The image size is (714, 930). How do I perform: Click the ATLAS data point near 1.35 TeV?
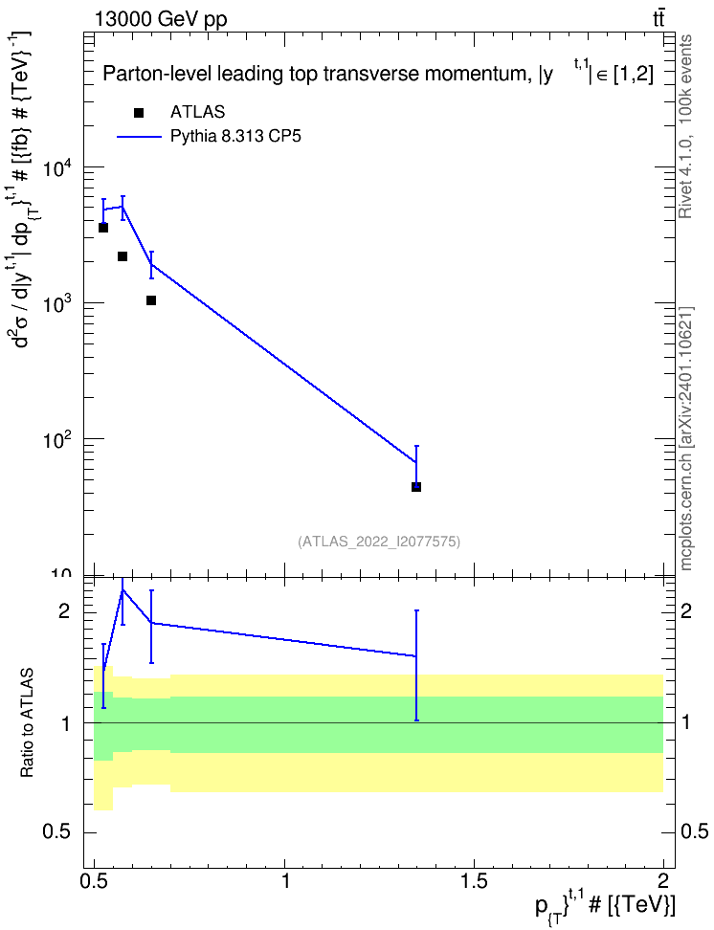pyautogui.click(x=416, y=487)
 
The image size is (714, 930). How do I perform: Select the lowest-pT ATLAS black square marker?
pyautogui.click(x=103, y=228)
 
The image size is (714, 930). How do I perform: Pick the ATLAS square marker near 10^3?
pyautogui.click(x=151, y=300)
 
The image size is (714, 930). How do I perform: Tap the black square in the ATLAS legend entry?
pyautogui.click(x=139, y=112)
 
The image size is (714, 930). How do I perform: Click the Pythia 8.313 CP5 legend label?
pyautogui.click(x=235, y=137)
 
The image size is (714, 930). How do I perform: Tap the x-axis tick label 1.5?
pyautogui.click(x=474, y=880)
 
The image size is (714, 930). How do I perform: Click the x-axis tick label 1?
pyautogui.click(x=285, y=880)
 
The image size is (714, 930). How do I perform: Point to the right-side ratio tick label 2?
pyautogui.click(x=685, y=610)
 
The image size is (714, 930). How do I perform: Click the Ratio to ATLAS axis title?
pyautogui.click(x=27, y=723)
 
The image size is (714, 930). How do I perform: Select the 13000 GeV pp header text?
pyautogui.click(x=161, y=19)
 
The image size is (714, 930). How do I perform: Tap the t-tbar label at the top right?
pyautogui.click(x=658, y=19)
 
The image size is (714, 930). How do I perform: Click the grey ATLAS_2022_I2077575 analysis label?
pyautogui.click(x=379, y=541)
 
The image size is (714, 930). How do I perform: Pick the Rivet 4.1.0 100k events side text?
pyautogui.click(x=685, y=126)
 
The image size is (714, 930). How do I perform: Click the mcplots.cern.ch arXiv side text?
pyautogui.click(x=685, y=438)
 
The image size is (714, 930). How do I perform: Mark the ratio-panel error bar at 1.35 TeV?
pyautogui.click(x=416, y=665)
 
